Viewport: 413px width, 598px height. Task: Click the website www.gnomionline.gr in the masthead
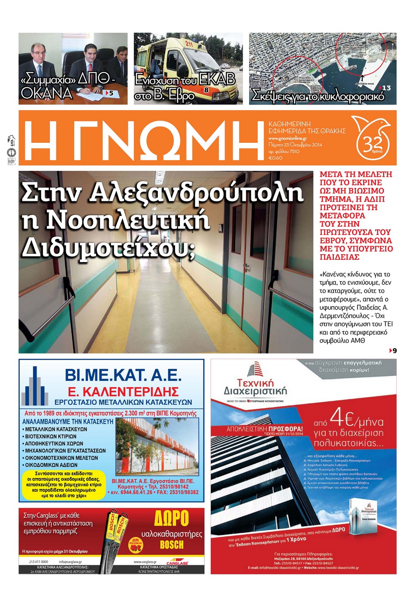pos(287,139)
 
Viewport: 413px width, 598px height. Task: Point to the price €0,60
pos(275,158)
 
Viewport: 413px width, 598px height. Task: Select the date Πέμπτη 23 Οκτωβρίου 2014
pos(295,145)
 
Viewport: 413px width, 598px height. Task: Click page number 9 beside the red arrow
pos(395,351)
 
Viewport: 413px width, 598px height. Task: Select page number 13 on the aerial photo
pos(386,88)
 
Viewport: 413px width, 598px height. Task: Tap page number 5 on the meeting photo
pos(111,93)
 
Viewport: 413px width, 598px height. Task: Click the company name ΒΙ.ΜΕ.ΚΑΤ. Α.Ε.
pos(123,375)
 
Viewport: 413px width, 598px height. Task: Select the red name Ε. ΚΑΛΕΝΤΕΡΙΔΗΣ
pos(123,391)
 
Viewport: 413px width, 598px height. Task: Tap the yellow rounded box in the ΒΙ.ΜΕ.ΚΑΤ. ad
pos(63,484)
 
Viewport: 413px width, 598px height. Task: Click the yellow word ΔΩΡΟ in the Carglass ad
pos(171,518)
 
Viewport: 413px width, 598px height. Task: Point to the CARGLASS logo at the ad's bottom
pos(177,563)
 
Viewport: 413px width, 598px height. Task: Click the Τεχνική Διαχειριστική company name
pos(255,386)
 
